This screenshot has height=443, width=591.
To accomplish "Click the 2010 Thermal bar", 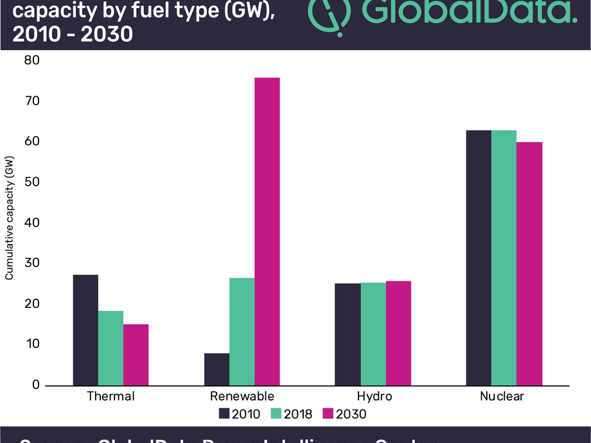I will (x=85, y=330).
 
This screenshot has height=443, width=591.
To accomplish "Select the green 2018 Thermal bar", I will (x=110, y=348).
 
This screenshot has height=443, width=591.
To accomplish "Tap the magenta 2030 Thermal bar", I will (x=136, y=354).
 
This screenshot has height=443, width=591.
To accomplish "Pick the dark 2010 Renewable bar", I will (x=217, y=369).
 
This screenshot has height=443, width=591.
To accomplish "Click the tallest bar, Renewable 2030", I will (x=267, y=231).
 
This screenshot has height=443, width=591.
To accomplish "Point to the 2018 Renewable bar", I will (x=242, y=331).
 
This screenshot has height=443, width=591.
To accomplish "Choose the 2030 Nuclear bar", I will (x=530, y=263).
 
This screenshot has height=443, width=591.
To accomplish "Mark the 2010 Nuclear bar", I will (x=479, y=257).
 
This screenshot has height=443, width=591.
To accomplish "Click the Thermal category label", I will (x=111, y=396).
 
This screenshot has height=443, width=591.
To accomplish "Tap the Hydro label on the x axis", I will (x=374, y=396).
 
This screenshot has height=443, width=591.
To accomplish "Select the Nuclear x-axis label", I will (x=502, y=396).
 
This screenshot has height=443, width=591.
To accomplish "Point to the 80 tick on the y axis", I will (x=32, y=61).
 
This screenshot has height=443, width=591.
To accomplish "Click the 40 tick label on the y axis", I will (x=32, y=223).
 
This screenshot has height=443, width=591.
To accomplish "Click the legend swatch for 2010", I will (x=224, y=414).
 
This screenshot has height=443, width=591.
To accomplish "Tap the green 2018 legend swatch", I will (x=276, y=414).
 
